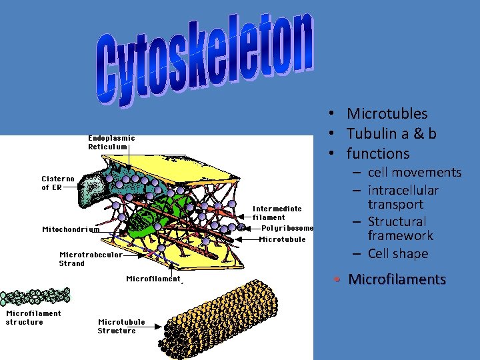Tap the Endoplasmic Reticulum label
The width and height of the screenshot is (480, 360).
pyautogui.click(x=111, y=143)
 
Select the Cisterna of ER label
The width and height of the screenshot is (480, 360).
pyautogui.click(x=58, y=183)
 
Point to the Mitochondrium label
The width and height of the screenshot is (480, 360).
pyautogui.click(x=71, y=229)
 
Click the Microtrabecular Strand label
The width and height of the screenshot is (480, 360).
pyautogui.click(x=91, y=259)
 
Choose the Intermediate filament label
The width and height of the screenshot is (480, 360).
pyautogui.click(x=277, y=213)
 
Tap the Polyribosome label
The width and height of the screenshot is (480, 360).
pyautogui.click(x=287, y=228)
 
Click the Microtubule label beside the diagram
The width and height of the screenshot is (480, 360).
pyautogui.click(x=282, y=239)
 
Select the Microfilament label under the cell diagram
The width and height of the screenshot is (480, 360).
pyautogui.click(x=153, y=279)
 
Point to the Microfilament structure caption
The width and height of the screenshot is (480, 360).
pyautogui.click(x=33, y=317)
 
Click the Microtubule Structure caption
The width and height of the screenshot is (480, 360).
pyautogui.click(x=121, y=326)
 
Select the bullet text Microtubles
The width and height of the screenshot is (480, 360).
pyautogui.click(x=387, y=114)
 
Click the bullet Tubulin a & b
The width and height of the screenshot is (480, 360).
pyautogui.click(x=391, y=133)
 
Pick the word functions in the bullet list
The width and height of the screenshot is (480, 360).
pyautogui.click(x=378, y=153)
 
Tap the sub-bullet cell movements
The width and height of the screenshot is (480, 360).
pyautogui.click(x=414, y=173)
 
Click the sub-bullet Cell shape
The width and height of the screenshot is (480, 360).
pyautogui.click(x=398, y=253)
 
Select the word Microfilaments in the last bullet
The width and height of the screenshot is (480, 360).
pyautogui.click(x=397, y=279)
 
